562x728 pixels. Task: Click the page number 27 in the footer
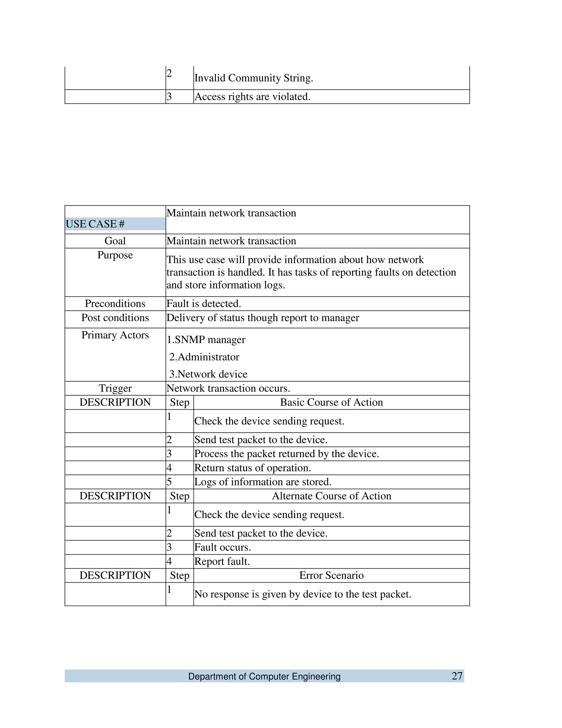457,676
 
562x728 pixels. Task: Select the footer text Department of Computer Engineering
264,676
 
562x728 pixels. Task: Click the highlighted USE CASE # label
95,224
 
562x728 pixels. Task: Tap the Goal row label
115,241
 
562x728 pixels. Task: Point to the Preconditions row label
115,304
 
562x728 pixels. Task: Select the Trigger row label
115,388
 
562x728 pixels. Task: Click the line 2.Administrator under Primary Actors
204,357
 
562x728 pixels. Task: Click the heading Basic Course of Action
331,402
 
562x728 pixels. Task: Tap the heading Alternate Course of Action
331,496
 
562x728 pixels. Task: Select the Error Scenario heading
331,575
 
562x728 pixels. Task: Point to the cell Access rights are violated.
252,97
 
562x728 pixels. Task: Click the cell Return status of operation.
252,468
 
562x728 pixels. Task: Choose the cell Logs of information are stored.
263,482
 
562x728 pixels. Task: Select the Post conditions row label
115,318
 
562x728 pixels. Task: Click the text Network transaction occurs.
228,388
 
